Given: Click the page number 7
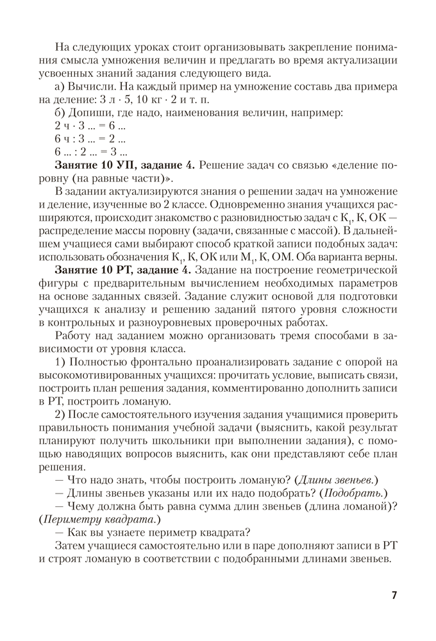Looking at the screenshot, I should [394, 595].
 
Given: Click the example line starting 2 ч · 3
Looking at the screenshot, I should [90, 126].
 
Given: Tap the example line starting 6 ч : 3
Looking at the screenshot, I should [90, 139].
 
